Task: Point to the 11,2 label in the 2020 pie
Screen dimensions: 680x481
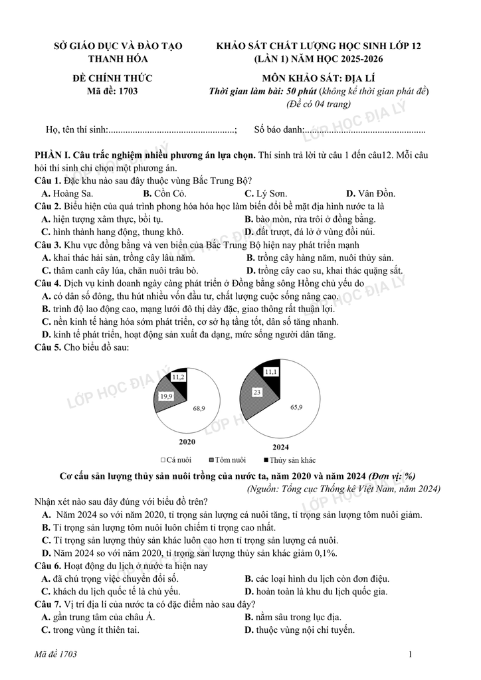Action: coord(178,377)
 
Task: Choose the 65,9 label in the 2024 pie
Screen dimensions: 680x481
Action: coord(296,406)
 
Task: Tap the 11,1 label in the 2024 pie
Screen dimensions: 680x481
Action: coord(270,373)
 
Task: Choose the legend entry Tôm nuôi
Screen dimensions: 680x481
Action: coord(227,460)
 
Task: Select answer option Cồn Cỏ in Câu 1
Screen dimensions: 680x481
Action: coord(164,193)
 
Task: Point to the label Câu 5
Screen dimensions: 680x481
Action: coord(48,347)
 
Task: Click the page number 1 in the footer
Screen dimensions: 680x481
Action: coord(411,655)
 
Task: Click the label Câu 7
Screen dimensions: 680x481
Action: coord(48,604)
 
